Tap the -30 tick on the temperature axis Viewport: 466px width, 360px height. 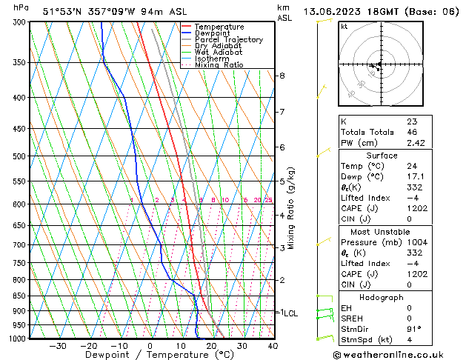point(58,345)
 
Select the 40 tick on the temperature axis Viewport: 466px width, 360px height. point(273,345)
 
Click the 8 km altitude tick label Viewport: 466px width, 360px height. point(282,76)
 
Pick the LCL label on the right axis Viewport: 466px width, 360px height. point(290,313)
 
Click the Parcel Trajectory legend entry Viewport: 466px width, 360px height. point(228,39)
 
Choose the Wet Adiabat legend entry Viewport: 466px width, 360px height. point(218,52)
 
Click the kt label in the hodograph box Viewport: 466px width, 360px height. point(344,26)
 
